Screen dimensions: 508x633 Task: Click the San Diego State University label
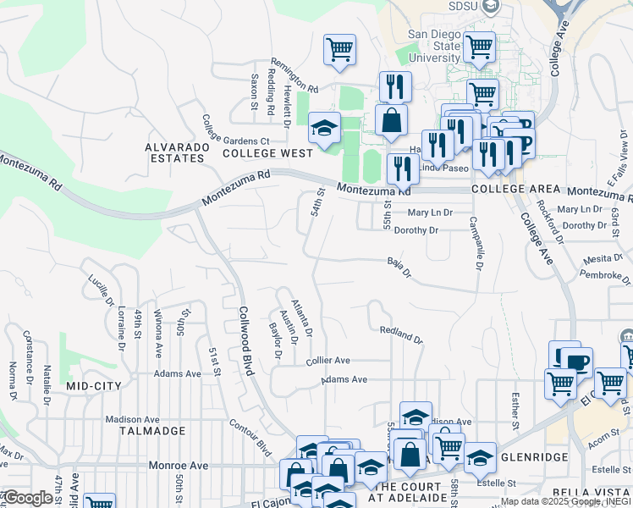(x=435, y=46)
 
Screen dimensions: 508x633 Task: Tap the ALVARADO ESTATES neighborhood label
(x=177, y=152)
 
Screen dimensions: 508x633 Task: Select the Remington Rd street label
(x=294, y=76)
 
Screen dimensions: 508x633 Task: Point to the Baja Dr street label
(x=399, y=268)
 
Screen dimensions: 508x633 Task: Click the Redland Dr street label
(x=401, y=334)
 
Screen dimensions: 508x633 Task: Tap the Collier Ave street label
(x=328, y=361)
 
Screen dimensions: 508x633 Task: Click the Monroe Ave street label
(x=178, y=466)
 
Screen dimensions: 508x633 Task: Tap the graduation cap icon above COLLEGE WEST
(x=324, y=129)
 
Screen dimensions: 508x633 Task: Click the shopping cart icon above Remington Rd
(x=339, y=49)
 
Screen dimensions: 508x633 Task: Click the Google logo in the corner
(x=28, y=498)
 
